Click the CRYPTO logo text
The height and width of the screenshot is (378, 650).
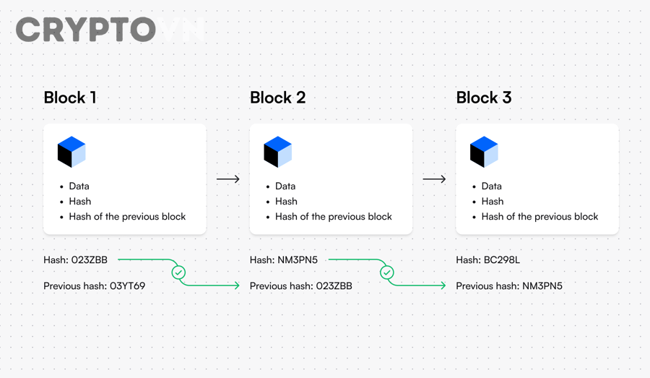pyautogui.click(x=85, y=30)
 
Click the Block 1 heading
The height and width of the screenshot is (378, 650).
pyautogui.click(x=70, y=98)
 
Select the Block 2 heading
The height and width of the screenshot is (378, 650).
pyautogui.click(x=277, y=98)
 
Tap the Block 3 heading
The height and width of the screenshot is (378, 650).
pyautogui.click(x=484, y=98)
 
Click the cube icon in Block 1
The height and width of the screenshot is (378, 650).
pyautogui.click(x=71, y=152)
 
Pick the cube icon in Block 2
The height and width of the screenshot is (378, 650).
pyautogui.click(x=278, y=152)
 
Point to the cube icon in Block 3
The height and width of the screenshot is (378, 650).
pyautogui.click(x=484, y=152)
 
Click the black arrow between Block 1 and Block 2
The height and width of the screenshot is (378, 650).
pyautogui.click(x=228, y=179)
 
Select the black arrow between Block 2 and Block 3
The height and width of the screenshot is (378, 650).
pyautogui.click(x=434, y=179)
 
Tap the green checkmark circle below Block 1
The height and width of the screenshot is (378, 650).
pyautogui.click(x=178, y=272)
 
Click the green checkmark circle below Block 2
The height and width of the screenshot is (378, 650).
pyautogui.click(x=387, y=272)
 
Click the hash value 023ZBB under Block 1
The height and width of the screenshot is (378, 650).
pyautogui.click(x=90, y=259)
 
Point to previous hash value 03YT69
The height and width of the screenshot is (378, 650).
pyautogui.click(x=127, y=286)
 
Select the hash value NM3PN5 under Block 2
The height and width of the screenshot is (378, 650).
pyautogui.click(x=298, y=259)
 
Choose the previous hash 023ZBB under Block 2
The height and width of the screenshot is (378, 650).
pyautogui.click(x=334, y=286)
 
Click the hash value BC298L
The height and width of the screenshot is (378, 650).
pyautogui.click(x=502, y=259)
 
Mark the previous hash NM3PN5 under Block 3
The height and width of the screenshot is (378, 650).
pyautogui.click(x=542, y=286)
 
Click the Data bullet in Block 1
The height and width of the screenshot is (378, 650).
pyautogui.click(x=79, y=186)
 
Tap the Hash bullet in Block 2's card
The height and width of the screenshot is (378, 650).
pyautogui.click(x=286, y=202)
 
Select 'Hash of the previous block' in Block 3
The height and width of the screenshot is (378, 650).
pyautogui.click(x=539, y=217)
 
